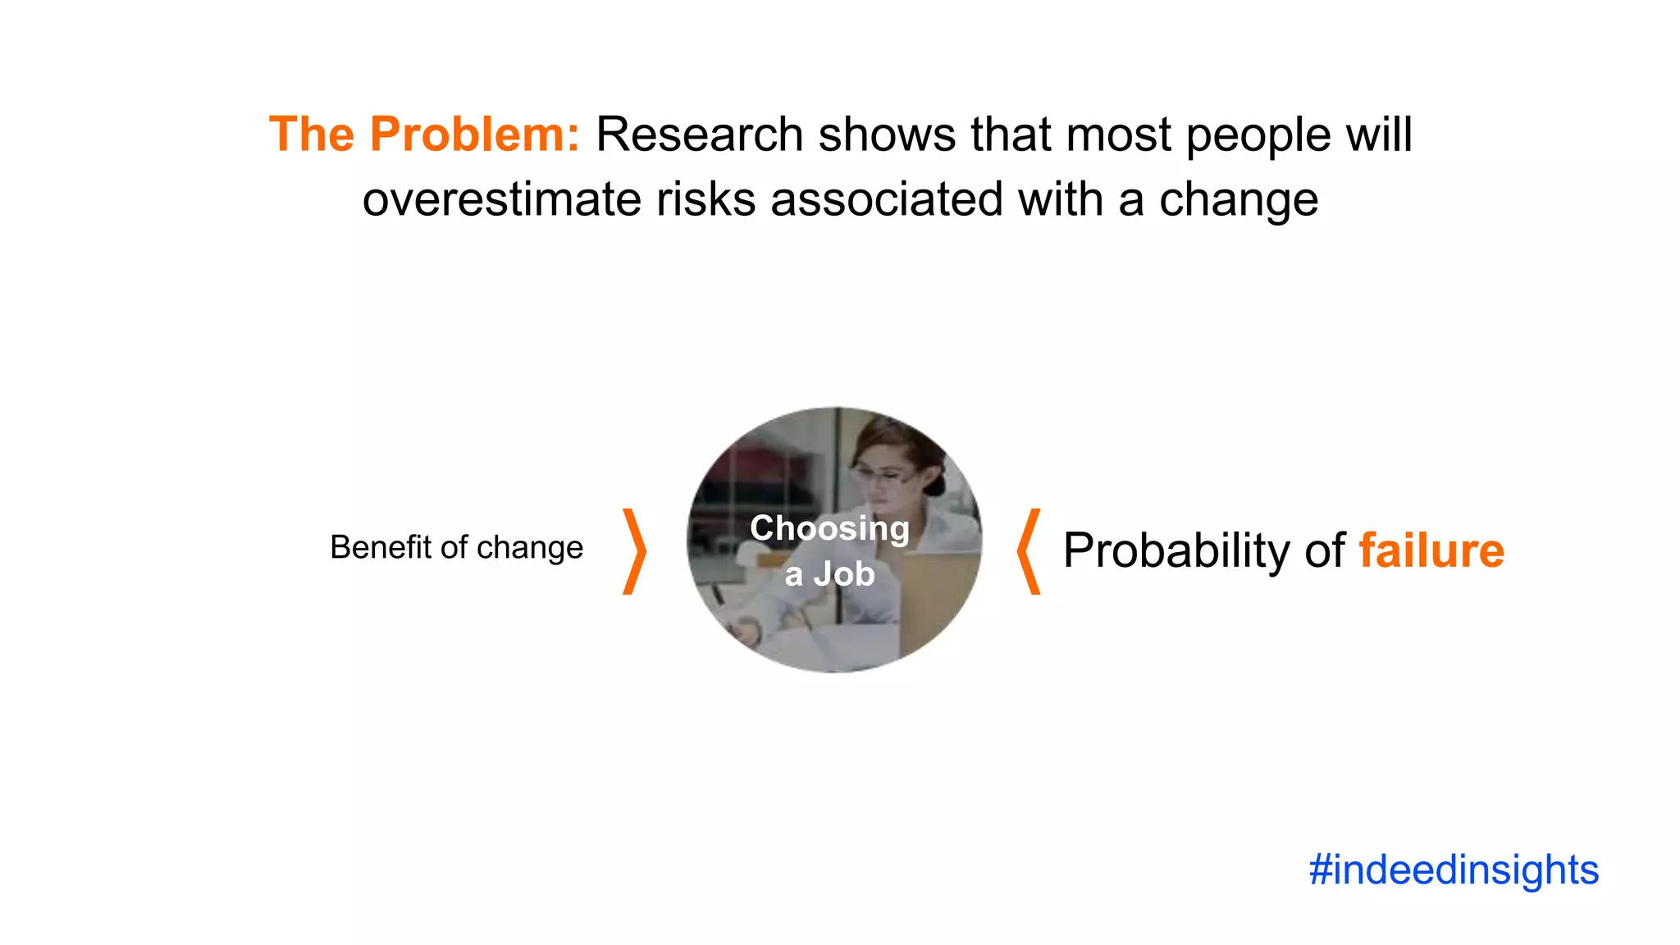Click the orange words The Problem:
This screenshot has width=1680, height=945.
[424, 134]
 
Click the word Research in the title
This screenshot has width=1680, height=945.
[699, 134]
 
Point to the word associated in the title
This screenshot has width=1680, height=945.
[887, 199]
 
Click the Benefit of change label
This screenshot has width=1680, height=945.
[456, 547]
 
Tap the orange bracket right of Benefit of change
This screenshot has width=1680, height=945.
[634, 551]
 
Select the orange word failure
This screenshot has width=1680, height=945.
[1431, 550]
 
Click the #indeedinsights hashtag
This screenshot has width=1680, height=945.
[1454, 870]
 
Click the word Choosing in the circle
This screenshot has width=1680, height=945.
[829, 528]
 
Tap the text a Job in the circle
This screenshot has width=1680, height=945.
[829, 573]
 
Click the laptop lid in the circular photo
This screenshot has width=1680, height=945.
[935, 599]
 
